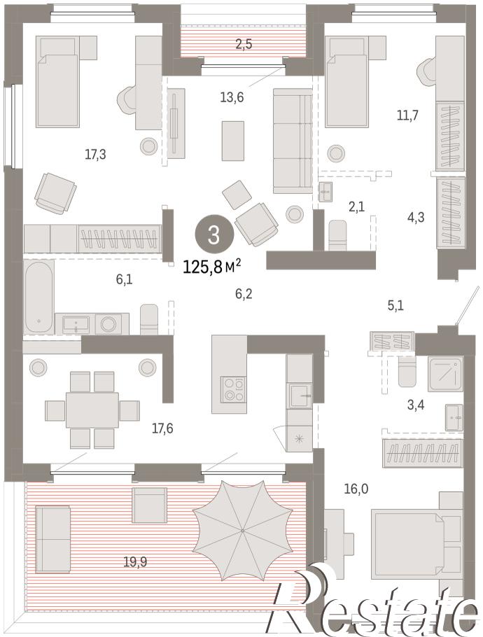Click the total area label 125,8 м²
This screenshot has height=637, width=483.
tap(212, 267)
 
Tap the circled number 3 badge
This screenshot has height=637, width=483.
tap(214, 234)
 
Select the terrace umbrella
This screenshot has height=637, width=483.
tap(243, 531)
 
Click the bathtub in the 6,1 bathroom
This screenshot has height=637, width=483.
tap(38, 297)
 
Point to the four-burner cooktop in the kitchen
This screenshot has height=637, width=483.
tap(234, 390)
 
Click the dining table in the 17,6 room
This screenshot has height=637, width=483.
tap(92, 409)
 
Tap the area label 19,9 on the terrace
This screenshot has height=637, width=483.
tap(135, 562)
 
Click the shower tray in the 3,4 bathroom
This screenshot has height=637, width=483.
tap(445, 373)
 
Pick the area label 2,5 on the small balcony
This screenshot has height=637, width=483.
tap(244, 44)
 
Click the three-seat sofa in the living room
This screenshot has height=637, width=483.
tap(293, 141)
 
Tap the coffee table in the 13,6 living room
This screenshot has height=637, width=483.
tap(233, 141)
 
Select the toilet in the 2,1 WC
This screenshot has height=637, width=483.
tap(337, 235)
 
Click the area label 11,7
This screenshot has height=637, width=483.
tap(407, 115)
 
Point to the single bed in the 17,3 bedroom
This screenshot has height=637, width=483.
tap(57, 82)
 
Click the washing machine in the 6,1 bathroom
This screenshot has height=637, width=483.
tap(109, 324)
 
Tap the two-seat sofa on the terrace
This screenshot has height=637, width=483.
tap(52, 539)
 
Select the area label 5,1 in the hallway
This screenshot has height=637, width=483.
tap(395, 305)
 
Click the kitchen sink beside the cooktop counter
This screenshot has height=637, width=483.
tap(300, 395)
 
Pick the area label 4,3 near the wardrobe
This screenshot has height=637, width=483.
tap(416, 217)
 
